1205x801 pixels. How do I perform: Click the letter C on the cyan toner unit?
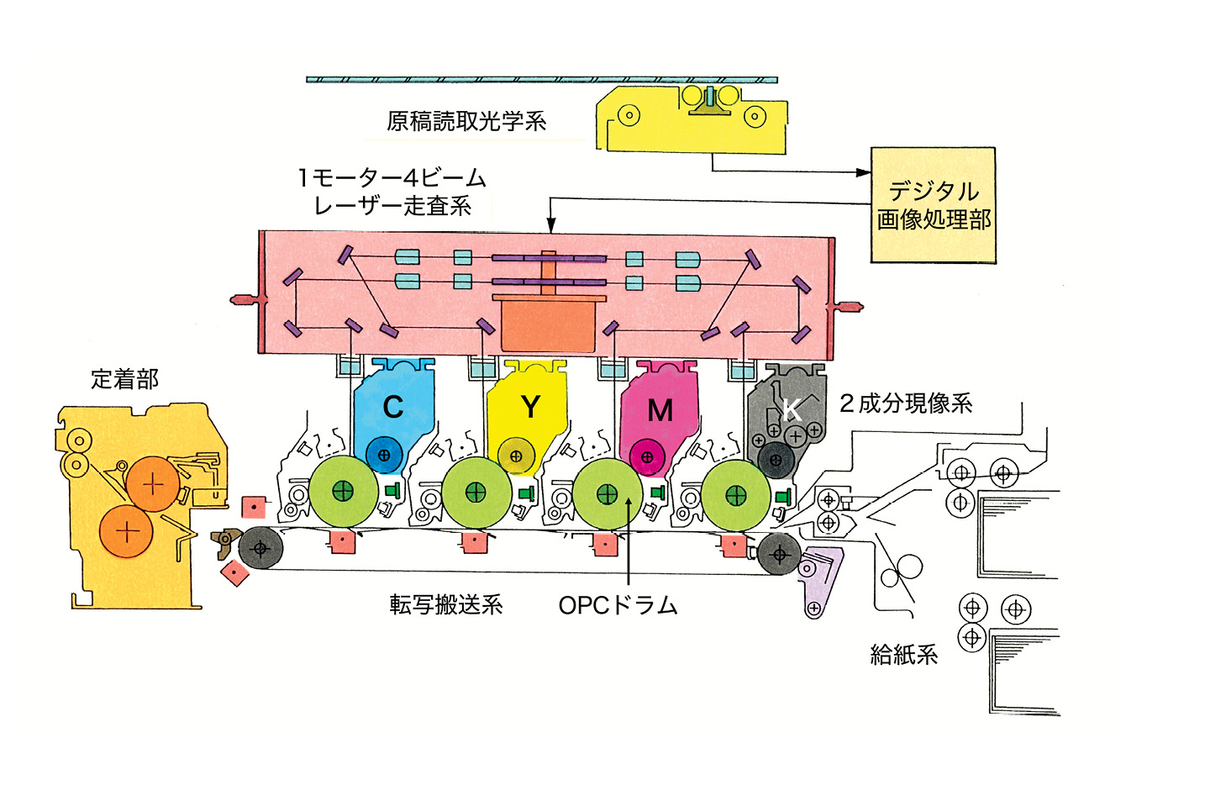pyautogui.click(x=392, y=407)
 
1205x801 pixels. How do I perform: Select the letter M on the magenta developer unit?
pyautogui.click(x=660, y=410)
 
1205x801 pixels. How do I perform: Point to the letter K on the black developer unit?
pyautogui.click(x=790, y=410)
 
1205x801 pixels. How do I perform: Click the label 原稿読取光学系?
pyautogui.click(x=466, y=122)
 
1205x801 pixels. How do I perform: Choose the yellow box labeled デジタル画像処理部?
pyautogui.click(x=933, y=205)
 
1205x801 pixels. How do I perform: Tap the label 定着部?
pyautogui.click(x=124, y=380)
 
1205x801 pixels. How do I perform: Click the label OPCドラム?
pyautogui.click(x=618, y=605)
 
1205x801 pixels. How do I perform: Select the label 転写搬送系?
pyautogui.click(x=445, y=605)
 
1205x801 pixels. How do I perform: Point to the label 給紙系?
pyautogui.click(x=903, y=655)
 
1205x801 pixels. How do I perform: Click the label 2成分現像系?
pyautogui.click(x=906, y=403)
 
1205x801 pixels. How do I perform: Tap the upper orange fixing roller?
pyautogui.click(x=152, y=484)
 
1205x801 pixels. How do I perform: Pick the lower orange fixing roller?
pyautogui.click(x=126, y=531)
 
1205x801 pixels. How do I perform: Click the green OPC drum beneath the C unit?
pyautogui.click(x=343, y=492)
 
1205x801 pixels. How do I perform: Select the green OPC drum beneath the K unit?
pyautogui.click(x=735, y=495)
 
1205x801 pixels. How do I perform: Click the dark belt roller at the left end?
pyautogui.click(x=260, y=548)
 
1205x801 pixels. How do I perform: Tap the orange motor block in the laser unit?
pyautogui.click(x=547, y=324)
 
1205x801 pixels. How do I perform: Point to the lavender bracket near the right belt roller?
pyautogui.click(x=818, y=580)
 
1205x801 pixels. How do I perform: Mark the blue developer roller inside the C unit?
pyautogui.click(x=384, y=455)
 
